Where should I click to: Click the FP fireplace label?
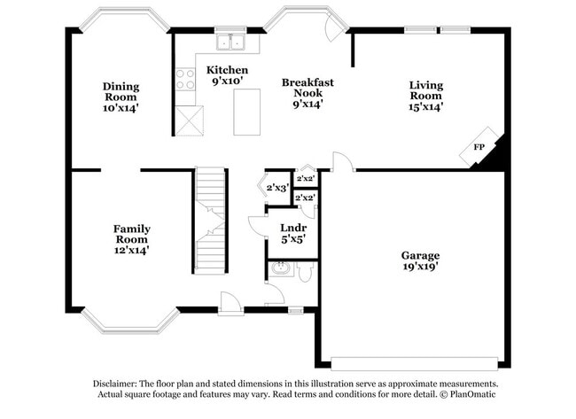click(479, 147)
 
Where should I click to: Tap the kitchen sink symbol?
click(232, 42)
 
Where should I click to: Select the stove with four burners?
click(186, 81)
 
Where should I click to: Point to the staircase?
click(211, 221)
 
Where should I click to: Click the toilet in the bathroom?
click(304, 271)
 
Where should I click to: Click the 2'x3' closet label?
click(277, 187)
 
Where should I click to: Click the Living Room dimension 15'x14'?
click(425, 106)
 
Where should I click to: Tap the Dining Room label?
click(121, 92)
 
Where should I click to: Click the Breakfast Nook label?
click(307, 87)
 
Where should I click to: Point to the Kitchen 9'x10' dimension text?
click(227, 81)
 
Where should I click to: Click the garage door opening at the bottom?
click(414, 363)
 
